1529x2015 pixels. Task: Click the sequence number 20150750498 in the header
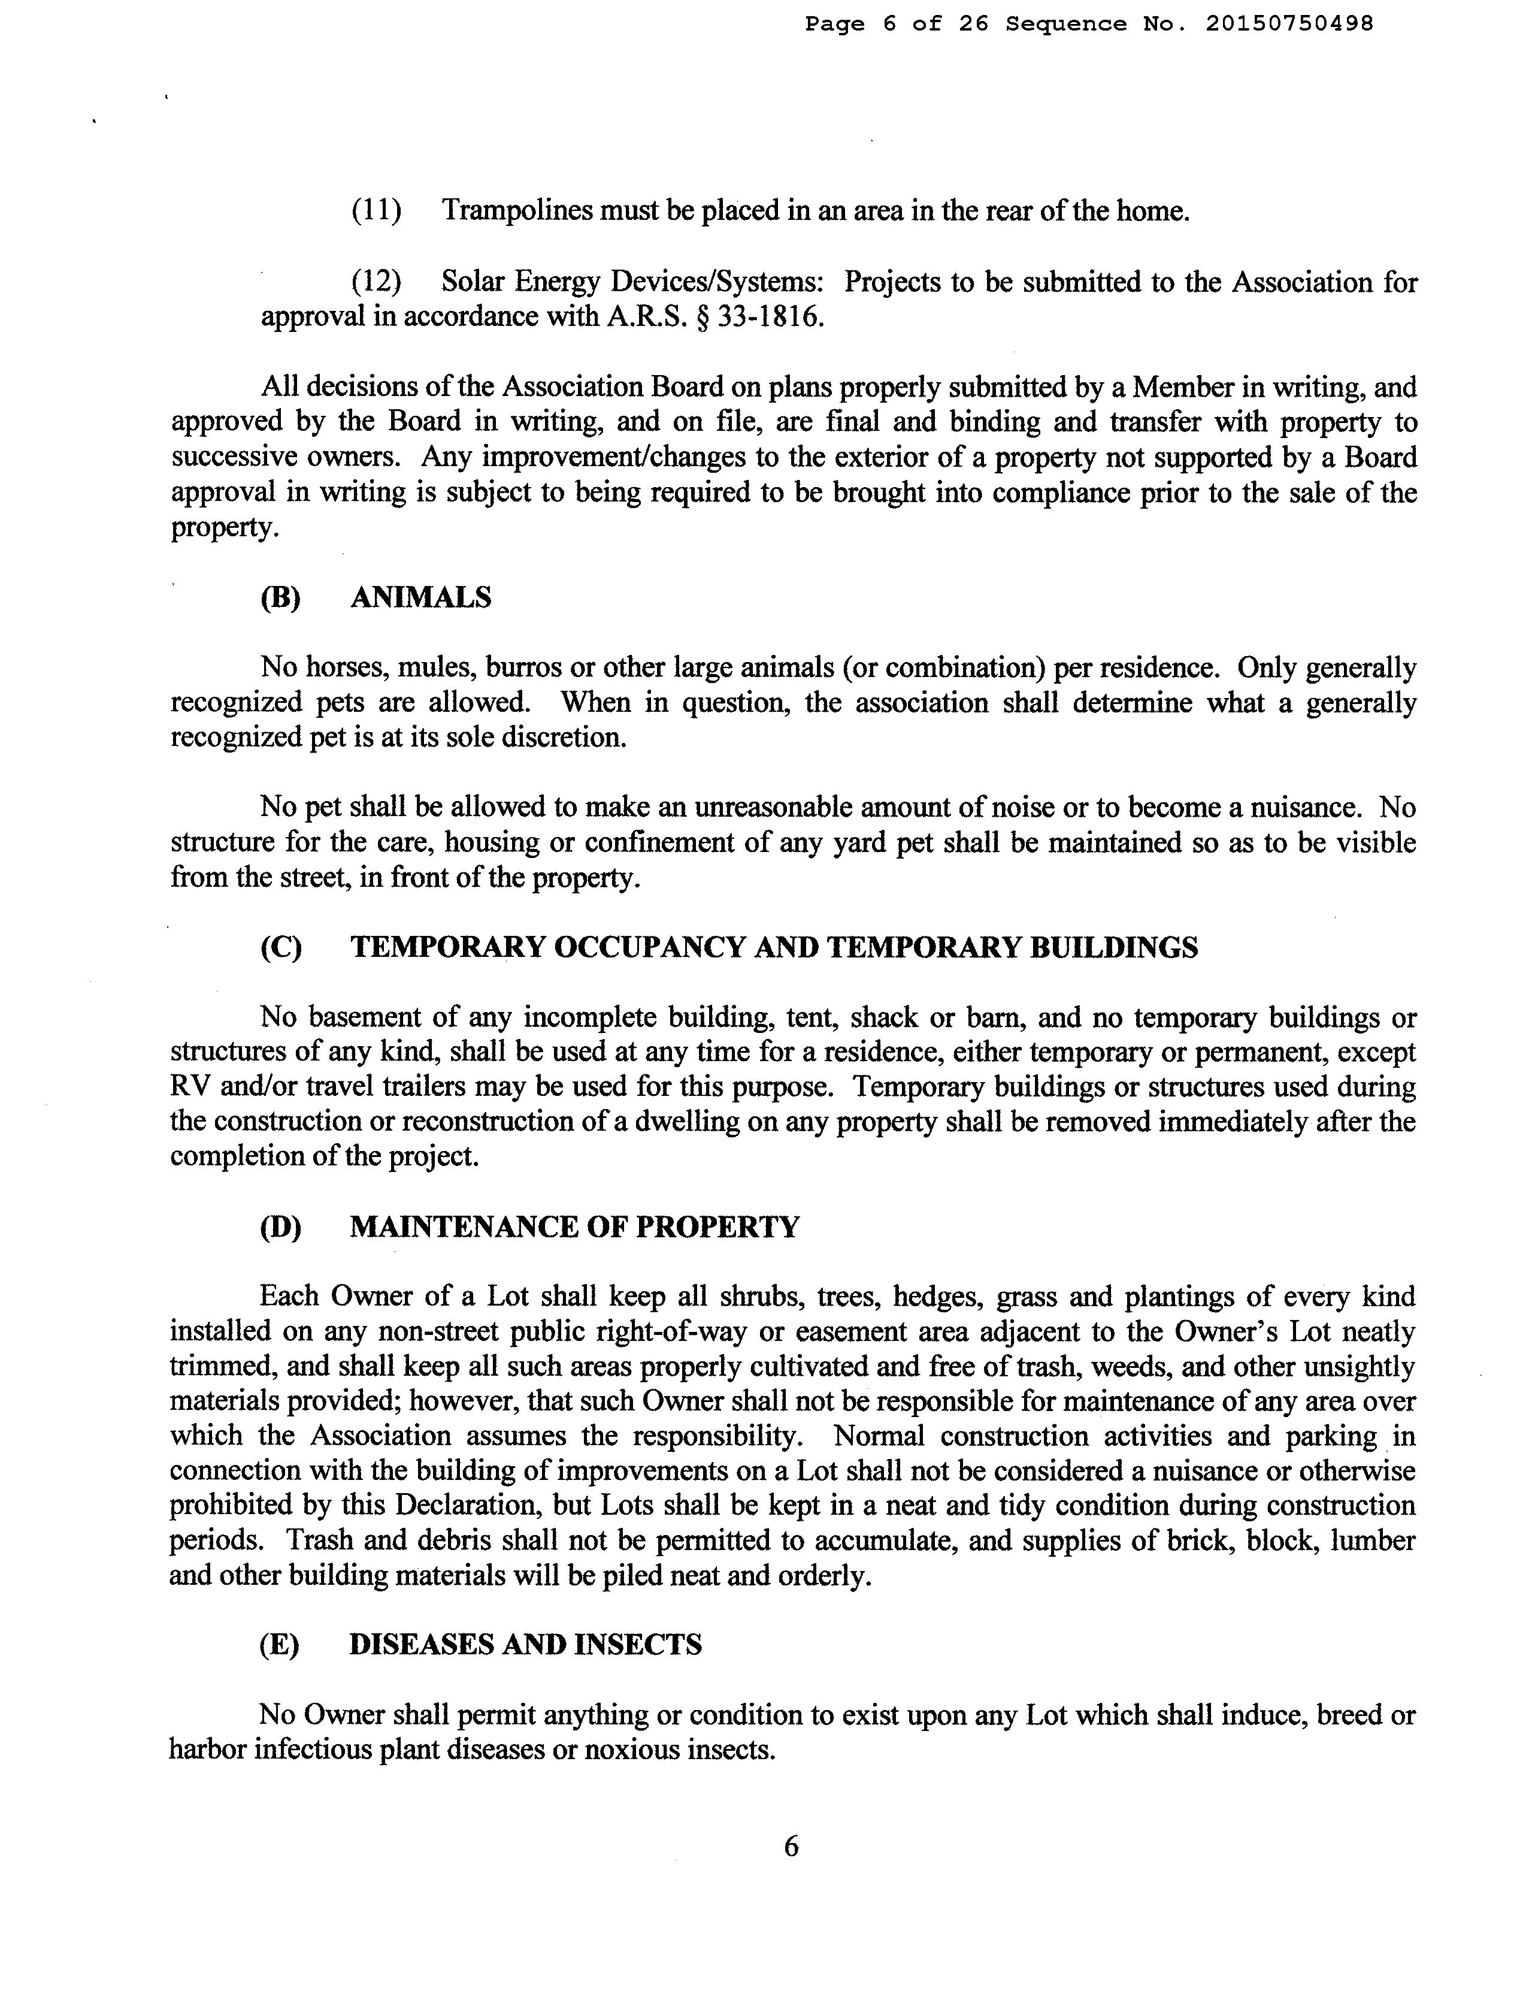pyautogui.click(x=1289, y=25)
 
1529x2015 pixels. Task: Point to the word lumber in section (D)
pyautogui.click(x=1371, y=1541)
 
